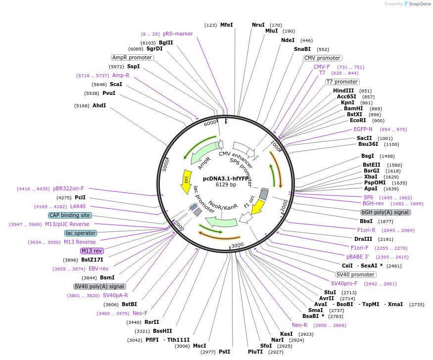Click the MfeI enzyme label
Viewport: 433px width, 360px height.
[x=226, y=25]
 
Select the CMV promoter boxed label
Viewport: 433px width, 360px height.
[x=322, y=58]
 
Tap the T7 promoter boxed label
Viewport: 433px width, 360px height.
[x=342, y=82]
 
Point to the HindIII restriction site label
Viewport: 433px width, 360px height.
[x=343, y=90]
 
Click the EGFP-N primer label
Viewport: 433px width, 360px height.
[x=363, y=129]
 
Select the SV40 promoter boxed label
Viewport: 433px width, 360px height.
[x=355, y=274]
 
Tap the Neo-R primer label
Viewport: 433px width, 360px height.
[x=299, y=325]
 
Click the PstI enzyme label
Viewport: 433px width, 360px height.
[x=224, y=352]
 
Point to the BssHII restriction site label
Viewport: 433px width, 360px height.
[x=162, y=331]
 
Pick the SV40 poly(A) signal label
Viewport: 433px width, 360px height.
[x=99, y=286]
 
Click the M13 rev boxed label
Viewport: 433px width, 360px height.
[x=92, y=251]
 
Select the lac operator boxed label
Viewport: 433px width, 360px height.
[x=81, y=233]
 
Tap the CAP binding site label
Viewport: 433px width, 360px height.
[x=70, y=215]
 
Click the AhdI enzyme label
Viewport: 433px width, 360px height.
[x=99, y=105]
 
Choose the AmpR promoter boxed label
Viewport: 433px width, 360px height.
[x=132, y=57]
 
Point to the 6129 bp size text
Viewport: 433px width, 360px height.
[x=226, y=184]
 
